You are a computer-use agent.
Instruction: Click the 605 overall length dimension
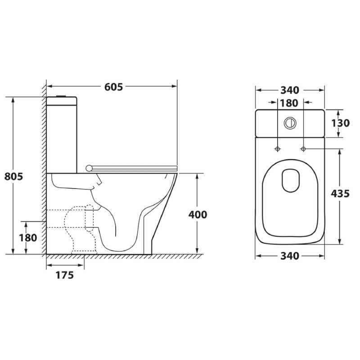tap(114, 87)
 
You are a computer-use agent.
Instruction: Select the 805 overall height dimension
tap(14, 176)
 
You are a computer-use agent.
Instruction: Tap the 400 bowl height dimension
tap(198, 215)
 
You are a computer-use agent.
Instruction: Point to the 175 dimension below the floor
tap(65, 275)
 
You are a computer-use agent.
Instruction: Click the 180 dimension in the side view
tap(28, 238)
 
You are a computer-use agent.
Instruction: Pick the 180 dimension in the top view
tap(289, 103)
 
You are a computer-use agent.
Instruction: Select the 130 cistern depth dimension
tap(340, 123)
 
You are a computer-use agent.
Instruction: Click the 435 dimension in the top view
tap(340, 193)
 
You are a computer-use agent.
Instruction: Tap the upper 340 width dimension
tap(290, 90)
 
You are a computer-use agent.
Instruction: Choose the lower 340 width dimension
tap(290, 256)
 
